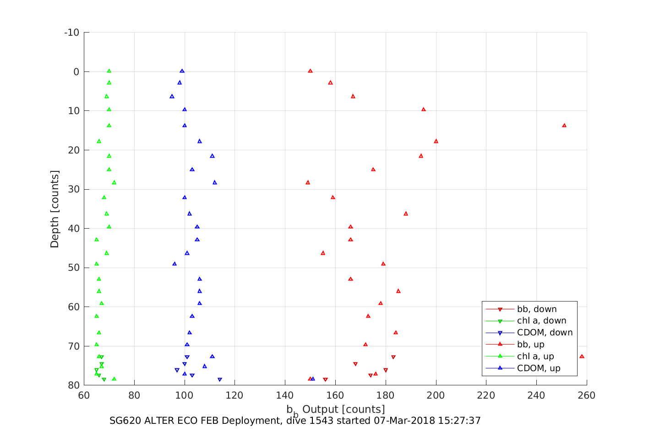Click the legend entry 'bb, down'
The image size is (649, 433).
point(536,309)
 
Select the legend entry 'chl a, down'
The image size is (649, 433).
point(541,321)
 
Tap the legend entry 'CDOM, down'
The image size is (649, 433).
point(545,333)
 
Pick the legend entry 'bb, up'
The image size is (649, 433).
point(530,345)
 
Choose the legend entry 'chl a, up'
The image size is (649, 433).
point(535,356)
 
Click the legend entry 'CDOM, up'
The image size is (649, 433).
point(539,368)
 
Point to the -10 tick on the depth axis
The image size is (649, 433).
point(71,33)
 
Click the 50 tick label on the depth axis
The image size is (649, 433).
point(73,268)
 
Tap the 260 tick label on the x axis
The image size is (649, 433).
point(587,395)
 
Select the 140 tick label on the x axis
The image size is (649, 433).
point(285,395)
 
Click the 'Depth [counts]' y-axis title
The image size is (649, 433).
point(55,209)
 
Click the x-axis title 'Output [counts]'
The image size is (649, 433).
point(344,409)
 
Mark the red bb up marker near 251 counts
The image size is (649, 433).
point(564,125)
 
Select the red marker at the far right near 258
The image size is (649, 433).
point(582,356)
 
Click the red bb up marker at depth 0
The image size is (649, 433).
point(310,71)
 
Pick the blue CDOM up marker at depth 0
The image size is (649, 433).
point(182,71)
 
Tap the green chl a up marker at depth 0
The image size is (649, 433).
point(109,71)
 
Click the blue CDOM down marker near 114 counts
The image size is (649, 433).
point(220,379)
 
